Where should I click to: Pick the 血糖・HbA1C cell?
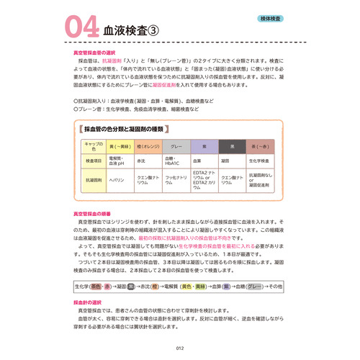click(175, 161)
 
